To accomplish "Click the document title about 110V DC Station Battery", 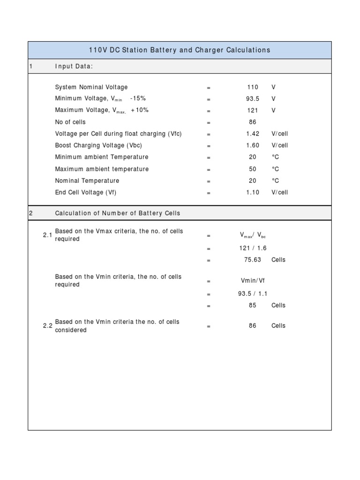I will click(x=180, y=50).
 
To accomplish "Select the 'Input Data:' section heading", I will click(x=74, y=66).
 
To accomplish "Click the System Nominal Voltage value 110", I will click(x=253, y=87).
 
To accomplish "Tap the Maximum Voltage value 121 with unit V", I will click(x=253, y=110).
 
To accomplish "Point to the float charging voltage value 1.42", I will click(x=253, y=134).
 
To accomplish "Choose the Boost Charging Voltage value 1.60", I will click(x=253, y=145).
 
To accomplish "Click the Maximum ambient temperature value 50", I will click(x=253, y=169).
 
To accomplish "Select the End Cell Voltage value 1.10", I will click(x=253, y=192).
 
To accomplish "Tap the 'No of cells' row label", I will click(x=70, y=122).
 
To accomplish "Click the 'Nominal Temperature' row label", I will click(x=87, y=180).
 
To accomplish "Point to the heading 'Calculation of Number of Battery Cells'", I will click(x=117, y=213).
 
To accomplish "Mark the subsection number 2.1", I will click(x=47, y=235).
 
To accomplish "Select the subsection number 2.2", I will click(x=47, y=326).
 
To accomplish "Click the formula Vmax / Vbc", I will click(x=253, y=235).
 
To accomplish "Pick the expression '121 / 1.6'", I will click(x=253, y=248).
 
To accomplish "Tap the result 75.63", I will click(x=253, y=260).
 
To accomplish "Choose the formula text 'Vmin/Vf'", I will click(x=253, y=281).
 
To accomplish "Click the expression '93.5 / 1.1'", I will click(x=253, y=293).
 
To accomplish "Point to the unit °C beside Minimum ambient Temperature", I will click(x=275, y=157).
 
